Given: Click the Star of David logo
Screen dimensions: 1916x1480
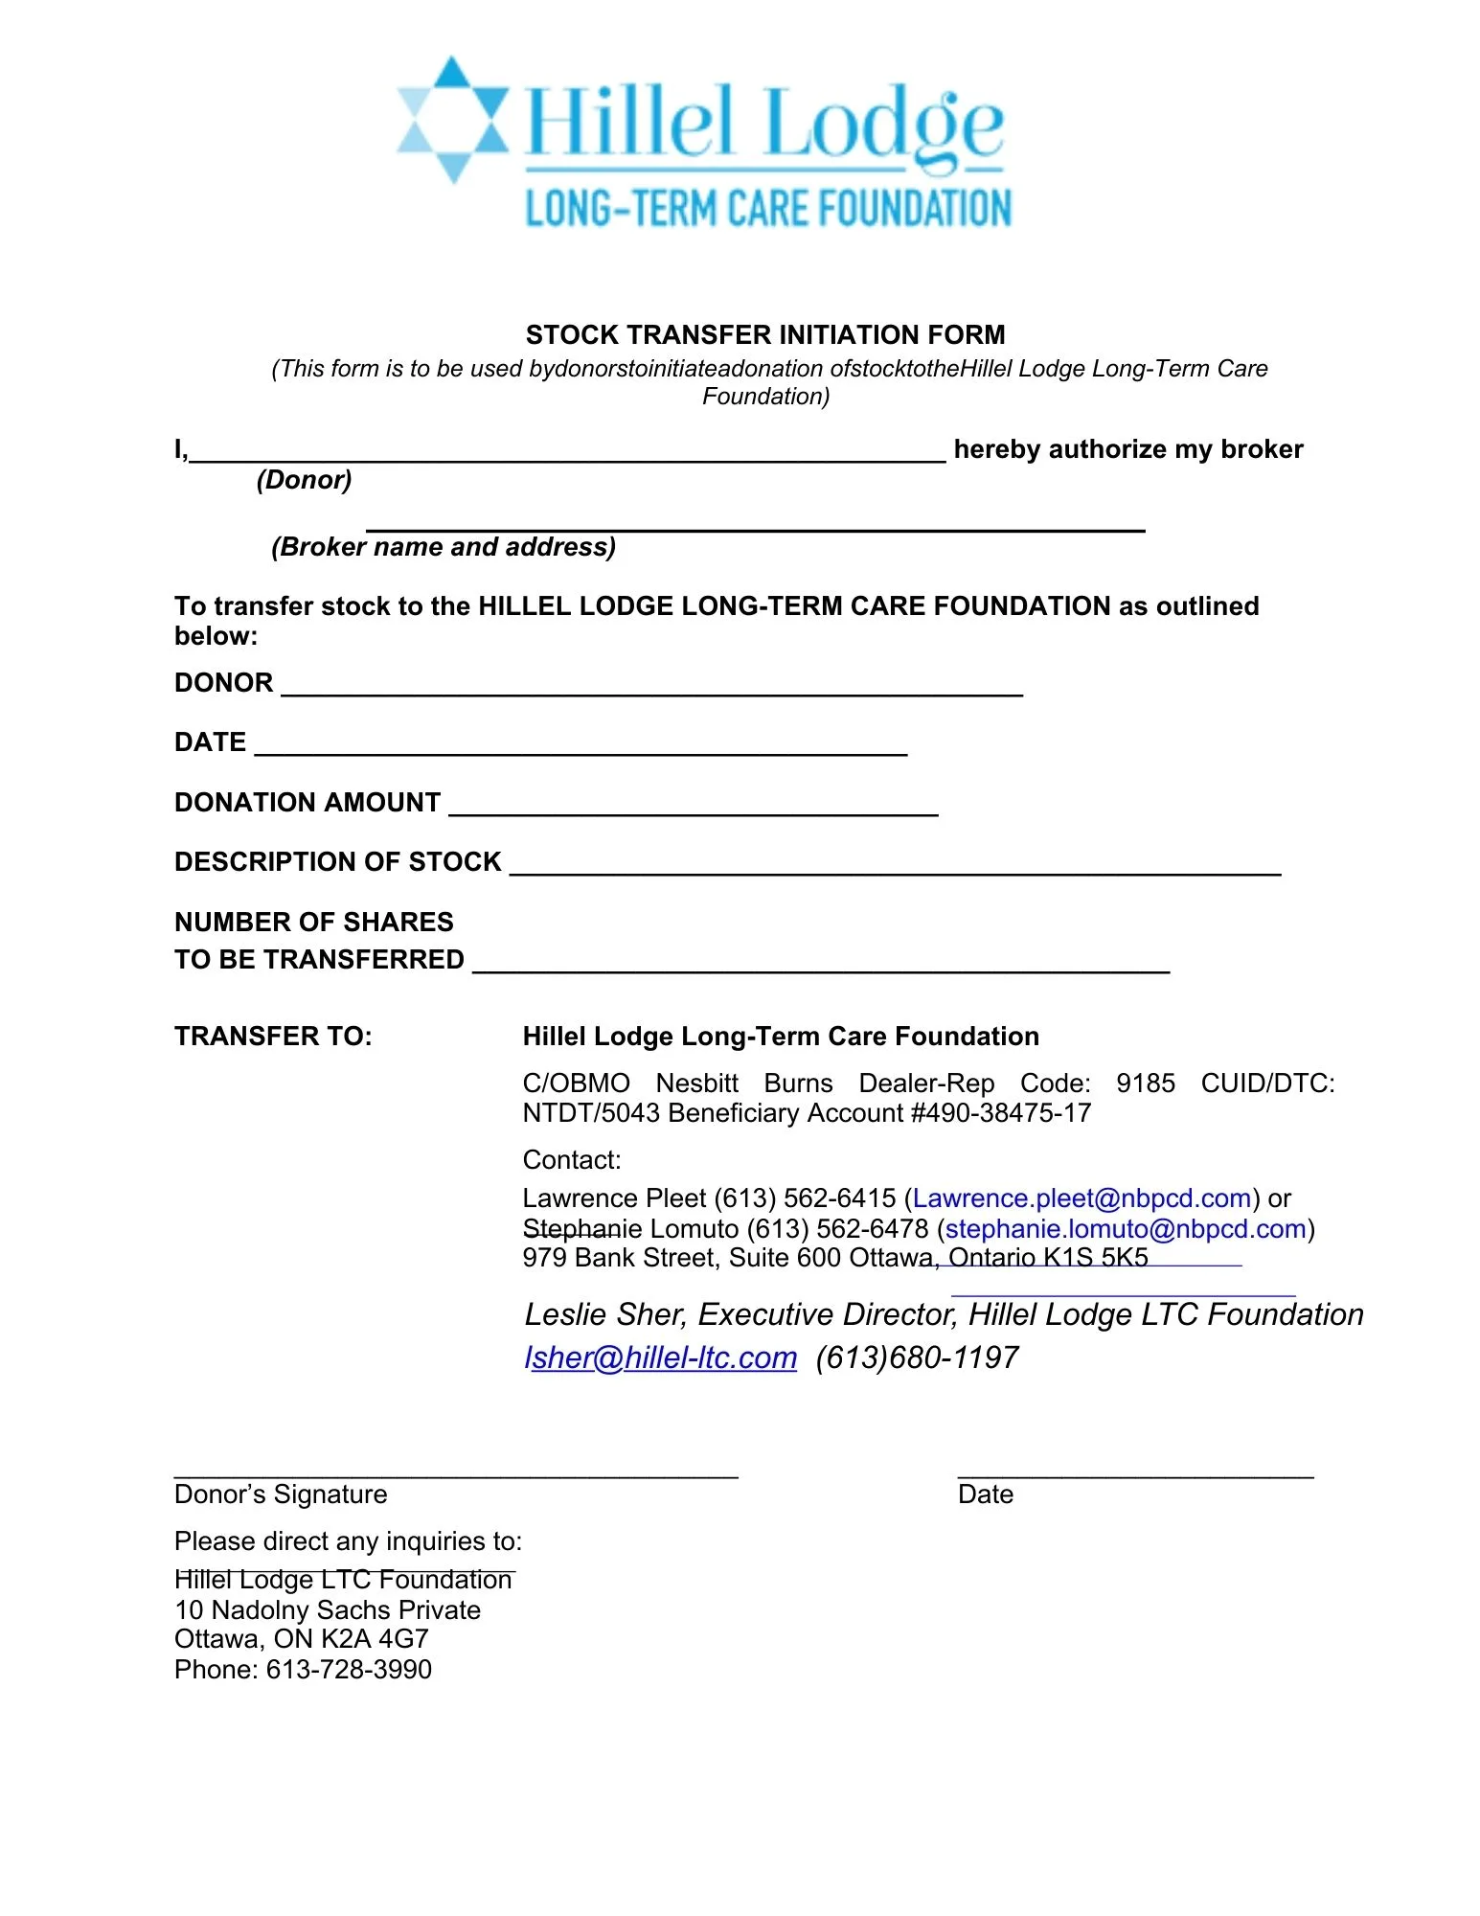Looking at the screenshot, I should [452, 120].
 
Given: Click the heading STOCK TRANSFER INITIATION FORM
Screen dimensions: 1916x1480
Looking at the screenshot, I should [765, 334].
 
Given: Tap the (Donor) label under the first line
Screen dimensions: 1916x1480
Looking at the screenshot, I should [304, 480].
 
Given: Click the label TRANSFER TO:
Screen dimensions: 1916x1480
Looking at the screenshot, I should [273, 1037].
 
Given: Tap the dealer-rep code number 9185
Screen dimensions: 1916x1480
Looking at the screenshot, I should [1145, 1083].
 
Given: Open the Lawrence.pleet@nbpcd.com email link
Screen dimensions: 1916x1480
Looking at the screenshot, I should [1082, 1198].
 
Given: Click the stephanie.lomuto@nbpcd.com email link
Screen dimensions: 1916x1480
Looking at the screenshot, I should [1126, 1229].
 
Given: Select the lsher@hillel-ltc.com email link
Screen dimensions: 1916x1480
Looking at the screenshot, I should [660, 1357].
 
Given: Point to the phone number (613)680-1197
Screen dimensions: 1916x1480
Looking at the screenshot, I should [917, 1357].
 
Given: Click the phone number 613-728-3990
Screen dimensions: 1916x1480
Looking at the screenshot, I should [349, 1670].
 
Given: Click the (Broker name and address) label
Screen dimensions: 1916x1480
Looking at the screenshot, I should [444, 547].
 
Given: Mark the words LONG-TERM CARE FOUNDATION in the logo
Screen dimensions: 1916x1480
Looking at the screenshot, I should [768, 209].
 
